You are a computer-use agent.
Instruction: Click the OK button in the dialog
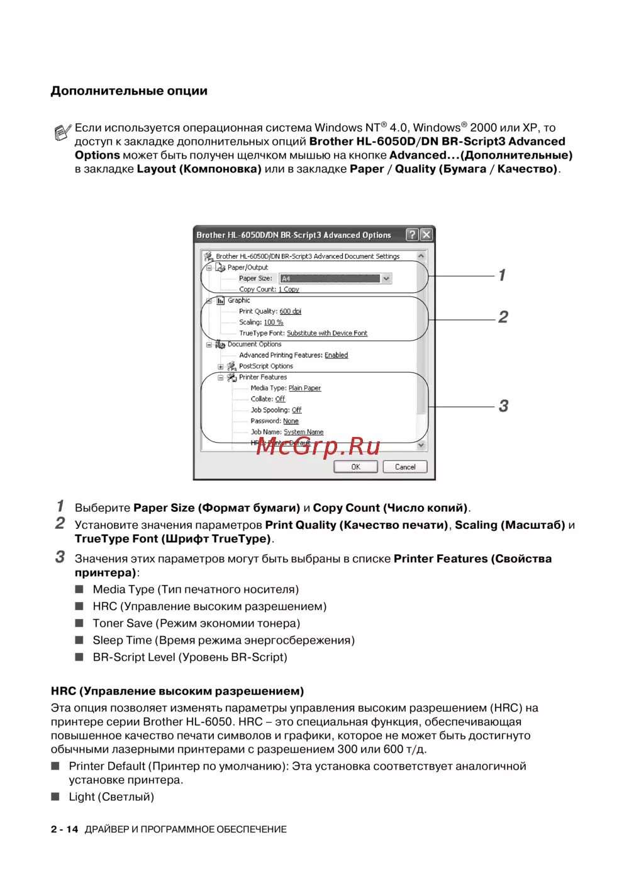pyautogui.click(x=355, y=467)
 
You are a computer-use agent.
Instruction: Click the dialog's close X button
pyautogui.click(x=426, y=235)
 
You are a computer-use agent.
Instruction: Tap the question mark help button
pyautogui.click(x=412, y=235)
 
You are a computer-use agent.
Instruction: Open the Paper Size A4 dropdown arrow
pyautogui.click(x=386, y=278)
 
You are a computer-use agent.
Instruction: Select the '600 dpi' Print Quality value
pyautogui.click(x=290, y=312)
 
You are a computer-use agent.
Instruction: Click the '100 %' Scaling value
pyautogui.click(x=273, y=322)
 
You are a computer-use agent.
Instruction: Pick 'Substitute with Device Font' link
pyautogui.click(x=326, y=334)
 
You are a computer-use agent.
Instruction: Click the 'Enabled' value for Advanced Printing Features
pyautogui.click(x=336, y=355)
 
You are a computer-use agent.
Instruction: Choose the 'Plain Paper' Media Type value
pyautogui.click(x=304, y=389)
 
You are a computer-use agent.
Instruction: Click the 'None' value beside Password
pyautogui.click(x=291, y=421)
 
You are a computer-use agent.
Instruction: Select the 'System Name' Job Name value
pyautogui.click(x=303, y=432)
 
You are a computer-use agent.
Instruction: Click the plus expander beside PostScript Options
pyautogui.click(x=221, y=366)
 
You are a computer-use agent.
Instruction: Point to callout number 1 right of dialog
pyautogui.click(x=502, y=275)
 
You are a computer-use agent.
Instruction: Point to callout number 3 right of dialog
pyautogui.click(x=503, y=406)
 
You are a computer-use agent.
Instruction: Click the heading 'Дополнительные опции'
pyautogui.click(x=129, y=91)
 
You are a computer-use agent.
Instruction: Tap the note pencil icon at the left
pyautogui.click(x=62, y=133)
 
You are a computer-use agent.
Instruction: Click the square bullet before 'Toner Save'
pyautogui.click(x=79, y=623)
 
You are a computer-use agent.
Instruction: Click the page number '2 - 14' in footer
pyautogui.click(x=64, y=829)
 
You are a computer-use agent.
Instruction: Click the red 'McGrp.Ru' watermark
pyautogui.click(x=318, y=446)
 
